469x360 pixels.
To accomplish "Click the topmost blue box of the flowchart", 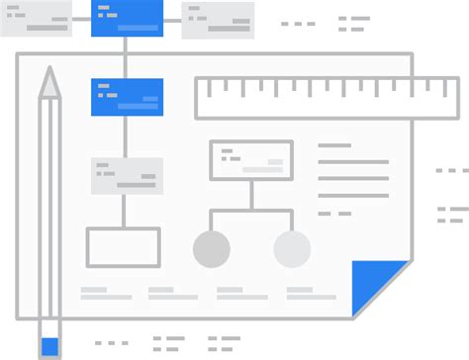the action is [x=127, y=19].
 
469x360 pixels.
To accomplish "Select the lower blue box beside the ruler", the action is [x=127, y=97].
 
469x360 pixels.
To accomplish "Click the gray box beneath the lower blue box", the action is [x=127, y=175].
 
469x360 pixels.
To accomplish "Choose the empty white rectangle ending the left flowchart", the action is [x=123, y=247].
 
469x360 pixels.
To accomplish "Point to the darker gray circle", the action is [x=212, y=249].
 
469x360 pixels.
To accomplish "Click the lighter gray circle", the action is [x=292, y=249].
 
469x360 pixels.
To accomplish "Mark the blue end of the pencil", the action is [x=49, y=346].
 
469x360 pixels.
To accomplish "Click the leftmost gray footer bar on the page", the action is [x=106, y=294].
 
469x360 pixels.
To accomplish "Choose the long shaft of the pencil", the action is [x=49, y=208].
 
